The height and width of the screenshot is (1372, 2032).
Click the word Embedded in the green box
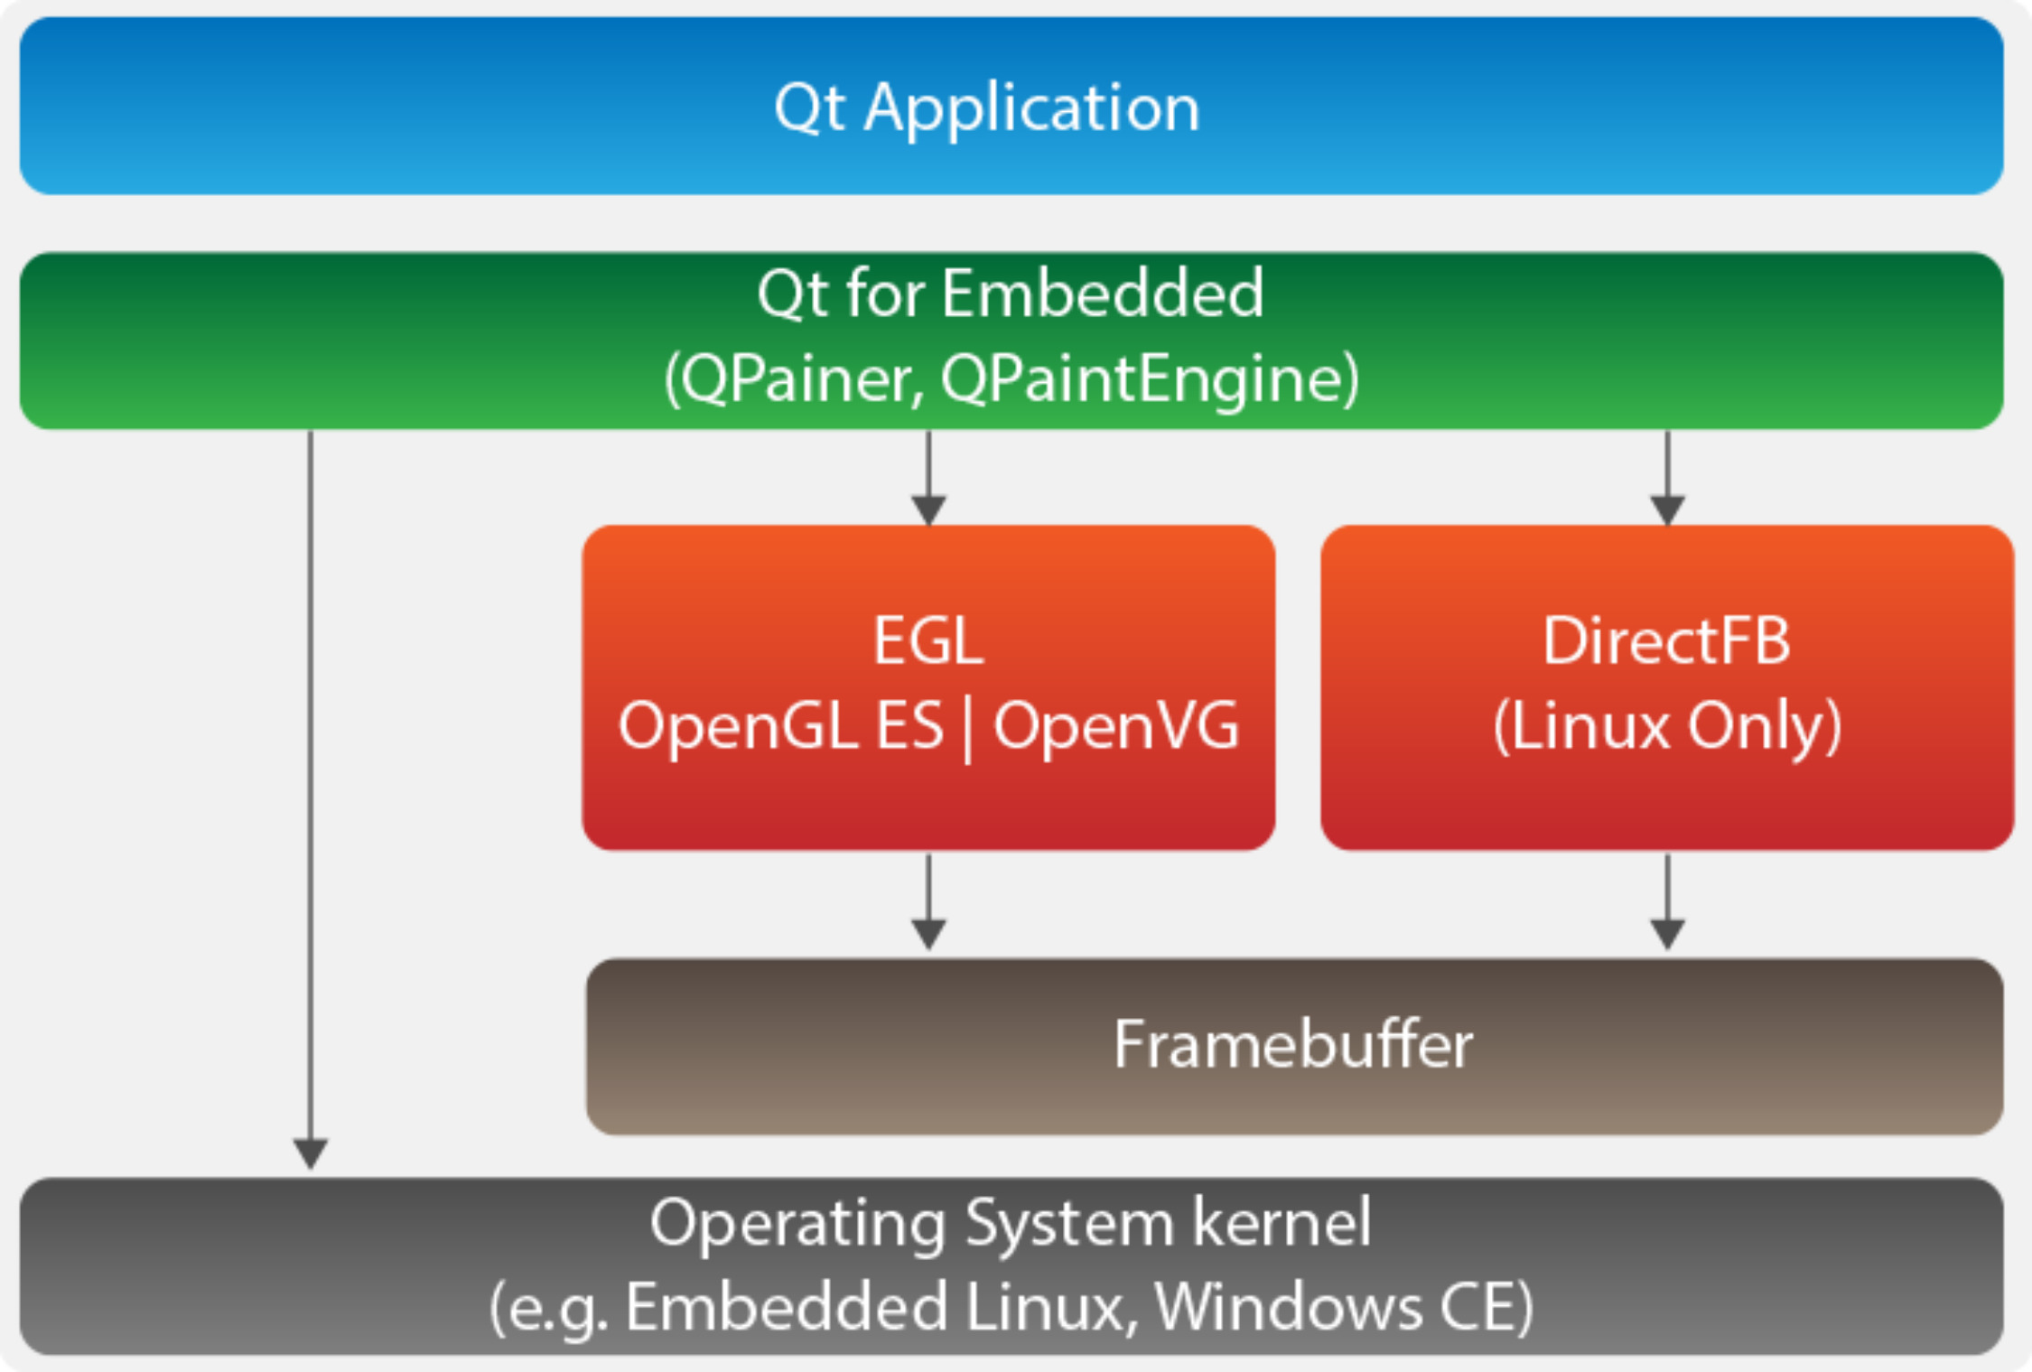1103,294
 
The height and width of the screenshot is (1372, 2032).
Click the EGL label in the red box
927,640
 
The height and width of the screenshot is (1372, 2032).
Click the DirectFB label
1666,640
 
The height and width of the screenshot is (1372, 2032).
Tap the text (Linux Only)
1667,727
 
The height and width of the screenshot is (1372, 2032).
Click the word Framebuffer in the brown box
1293,1044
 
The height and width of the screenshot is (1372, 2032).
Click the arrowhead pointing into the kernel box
311,1153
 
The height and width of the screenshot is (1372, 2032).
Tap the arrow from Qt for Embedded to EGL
928,478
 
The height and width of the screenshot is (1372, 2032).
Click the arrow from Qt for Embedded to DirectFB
1667,478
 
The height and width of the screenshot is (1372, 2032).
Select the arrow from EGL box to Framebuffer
928,901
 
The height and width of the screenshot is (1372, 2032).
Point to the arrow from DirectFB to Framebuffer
1667,901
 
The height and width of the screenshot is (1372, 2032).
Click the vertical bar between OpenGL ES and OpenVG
968,729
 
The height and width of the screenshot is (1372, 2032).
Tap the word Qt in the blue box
809,108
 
